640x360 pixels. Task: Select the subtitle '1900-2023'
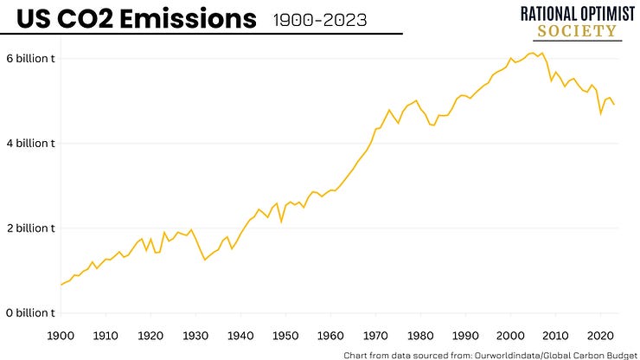[319, 18]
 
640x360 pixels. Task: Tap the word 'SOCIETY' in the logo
[577, 32]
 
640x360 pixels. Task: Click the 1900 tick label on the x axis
[60, 335]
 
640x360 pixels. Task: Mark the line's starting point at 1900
[61, 285]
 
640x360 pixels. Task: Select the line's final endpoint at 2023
[614, 105]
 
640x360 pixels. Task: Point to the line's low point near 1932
[205, 260]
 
